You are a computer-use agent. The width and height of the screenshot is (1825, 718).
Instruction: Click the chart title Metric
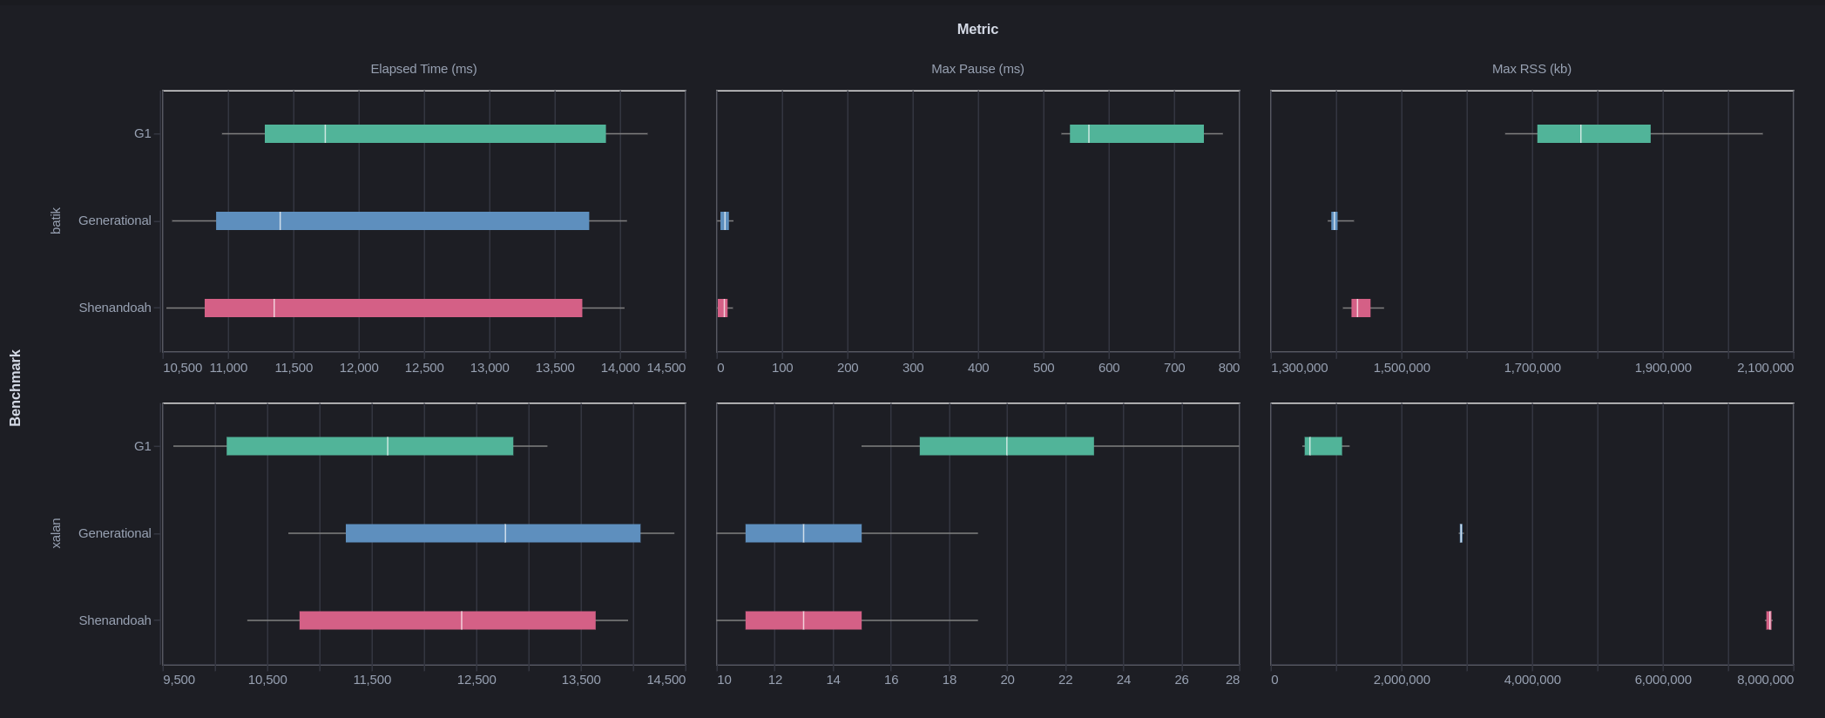pos(977,30)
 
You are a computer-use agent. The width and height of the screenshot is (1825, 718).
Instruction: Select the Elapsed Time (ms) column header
pos(423,69)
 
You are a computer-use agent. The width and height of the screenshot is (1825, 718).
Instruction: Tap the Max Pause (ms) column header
pos(977,69)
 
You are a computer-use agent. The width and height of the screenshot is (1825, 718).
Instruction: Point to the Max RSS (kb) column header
pos(1531,69)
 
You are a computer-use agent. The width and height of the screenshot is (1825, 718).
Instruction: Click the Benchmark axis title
pos(15,388)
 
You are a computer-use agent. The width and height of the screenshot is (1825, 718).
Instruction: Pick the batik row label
pos(56,220)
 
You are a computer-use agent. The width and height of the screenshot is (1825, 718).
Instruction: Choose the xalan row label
pos(56,533)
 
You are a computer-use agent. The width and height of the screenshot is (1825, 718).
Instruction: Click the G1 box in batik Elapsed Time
pos(435,134)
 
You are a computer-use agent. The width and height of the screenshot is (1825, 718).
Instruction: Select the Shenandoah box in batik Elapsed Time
pos(393,308)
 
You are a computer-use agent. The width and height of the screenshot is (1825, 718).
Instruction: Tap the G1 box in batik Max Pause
pos(1137,134)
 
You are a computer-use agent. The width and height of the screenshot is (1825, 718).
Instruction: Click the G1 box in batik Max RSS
pos(1593,134)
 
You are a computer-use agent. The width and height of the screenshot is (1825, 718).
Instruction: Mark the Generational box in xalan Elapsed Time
pos(493,533)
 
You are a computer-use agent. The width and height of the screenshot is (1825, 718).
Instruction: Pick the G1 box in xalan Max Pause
pos(1006,446)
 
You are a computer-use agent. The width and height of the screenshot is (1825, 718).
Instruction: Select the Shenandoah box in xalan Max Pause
pos(803,620)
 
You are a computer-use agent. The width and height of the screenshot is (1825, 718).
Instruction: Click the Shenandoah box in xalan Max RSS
pos(1768,620)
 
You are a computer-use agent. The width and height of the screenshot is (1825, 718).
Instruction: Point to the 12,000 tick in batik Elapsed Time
pos(359,368)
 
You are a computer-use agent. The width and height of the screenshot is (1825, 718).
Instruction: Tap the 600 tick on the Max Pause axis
pos(1109,368)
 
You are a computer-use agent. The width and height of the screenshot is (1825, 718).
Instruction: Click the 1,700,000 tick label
pos(1532,368)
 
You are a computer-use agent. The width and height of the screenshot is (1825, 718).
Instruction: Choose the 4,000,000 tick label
pos(1532,680)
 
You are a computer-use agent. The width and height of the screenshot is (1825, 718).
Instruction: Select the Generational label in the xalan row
pos(115,533)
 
